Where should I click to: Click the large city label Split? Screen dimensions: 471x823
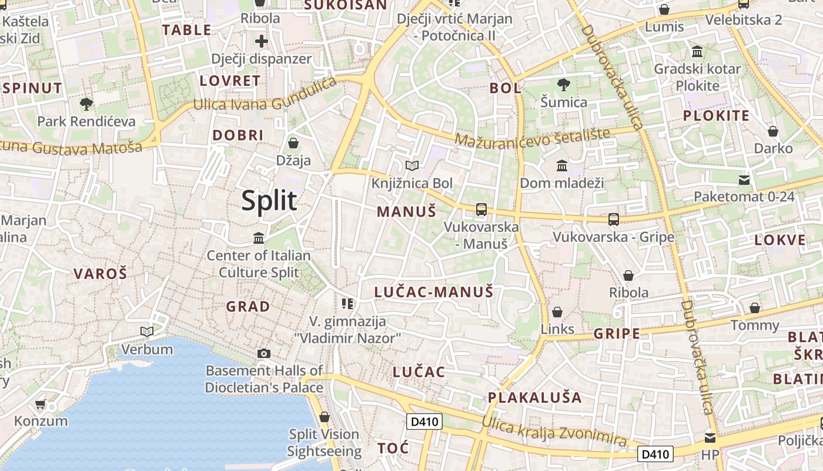point(269,201)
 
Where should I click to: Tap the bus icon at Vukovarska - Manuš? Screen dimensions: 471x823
point(481,210)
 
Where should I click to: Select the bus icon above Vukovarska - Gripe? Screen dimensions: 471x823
point(614,220)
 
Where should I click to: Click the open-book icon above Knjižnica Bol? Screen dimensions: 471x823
point(412,166)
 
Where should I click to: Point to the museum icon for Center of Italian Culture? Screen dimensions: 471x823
point(259,238)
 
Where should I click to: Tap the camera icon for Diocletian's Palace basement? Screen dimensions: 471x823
point(264,353)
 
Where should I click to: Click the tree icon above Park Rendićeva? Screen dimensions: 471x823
point(86,105)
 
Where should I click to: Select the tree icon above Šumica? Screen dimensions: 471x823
point(563,85)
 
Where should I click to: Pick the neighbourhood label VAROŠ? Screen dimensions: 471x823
point(100,273)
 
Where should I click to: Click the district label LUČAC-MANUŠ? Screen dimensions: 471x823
point(433,292)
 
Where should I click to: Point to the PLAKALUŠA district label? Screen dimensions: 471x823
point(535,397)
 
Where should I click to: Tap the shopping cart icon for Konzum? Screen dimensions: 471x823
point(41,404)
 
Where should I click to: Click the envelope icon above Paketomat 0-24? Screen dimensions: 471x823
point(744,180)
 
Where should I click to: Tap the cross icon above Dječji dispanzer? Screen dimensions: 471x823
point(262,41)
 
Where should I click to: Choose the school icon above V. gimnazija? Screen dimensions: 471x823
point(347,304)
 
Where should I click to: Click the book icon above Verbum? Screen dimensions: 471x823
point(147,332)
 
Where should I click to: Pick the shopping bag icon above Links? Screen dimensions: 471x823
point(557,312)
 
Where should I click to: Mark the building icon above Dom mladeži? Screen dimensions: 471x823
point(561,166)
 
